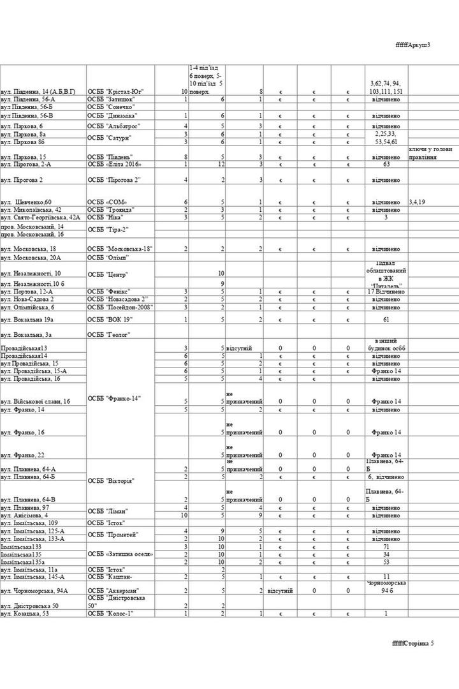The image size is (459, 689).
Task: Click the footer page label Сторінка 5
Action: point(413,642)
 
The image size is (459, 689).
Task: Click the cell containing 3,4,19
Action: point(418,202)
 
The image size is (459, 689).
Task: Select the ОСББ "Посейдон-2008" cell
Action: point(118,307)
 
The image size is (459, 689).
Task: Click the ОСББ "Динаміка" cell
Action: point(112,116)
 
